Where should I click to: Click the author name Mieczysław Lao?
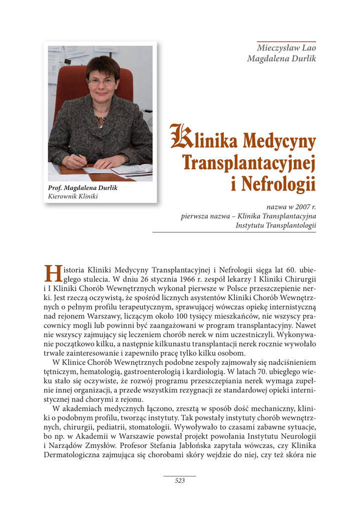coord(286,48)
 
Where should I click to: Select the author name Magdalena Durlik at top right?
coord(281,59)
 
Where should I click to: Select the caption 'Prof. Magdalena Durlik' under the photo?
coord(83,188)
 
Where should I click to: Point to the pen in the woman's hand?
coord(75,151)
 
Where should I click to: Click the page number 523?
coord(180,480)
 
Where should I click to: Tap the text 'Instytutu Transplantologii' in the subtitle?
coord(275,225)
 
